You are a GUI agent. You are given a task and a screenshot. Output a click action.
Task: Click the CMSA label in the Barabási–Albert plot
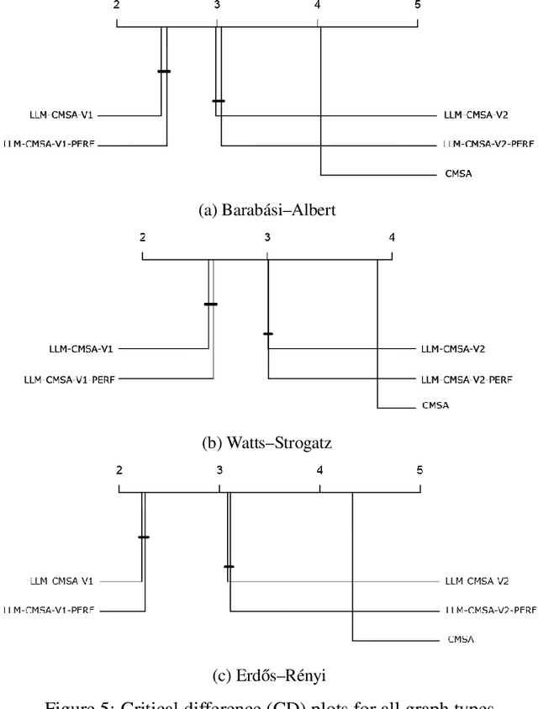pos(461,175)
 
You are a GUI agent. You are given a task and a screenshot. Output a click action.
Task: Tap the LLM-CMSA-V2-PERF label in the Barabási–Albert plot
pos(488,145)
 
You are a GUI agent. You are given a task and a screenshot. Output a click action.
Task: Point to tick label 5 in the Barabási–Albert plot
pos(418,5)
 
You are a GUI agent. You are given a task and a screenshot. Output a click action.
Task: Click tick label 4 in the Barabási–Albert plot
pos(318,5)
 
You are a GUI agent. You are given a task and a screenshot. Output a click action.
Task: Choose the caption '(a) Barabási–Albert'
pos(266,210)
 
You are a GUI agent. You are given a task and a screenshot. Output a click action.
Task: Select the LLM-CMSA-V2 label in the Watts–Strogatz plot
pos(453,347)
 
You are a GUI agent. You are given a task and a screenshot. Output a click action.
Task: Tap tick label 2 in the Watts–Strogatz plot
pos(143,238)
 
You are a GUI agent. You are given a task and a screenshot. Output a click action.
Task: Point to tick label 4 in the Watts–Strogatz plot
pos(392,238)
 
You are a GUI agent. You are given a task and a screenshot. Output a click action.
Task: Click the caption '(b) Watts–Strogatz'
pos(267,442)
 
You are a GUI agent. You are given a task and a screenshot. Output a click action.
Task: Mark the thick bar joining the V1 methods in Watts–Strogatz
pos(211,304)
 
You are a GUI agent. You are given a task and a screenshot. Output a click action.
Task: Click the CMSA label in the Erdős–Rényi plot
pos(461,640)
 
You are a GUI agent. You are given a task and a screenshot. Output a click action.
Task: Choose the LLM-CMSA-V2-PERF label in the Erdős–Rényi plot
pos(488,611)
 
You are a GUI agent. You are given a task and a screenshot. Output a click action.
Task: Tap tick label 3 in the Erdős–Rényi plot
pos(219,470)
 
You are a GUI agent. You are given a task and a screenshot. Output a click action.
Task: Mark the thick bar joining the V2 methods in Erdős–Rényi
pos(229,566)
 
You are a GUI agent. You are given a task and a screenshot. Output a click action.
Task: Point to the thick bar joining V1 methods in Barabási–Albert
pos(164,71)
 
